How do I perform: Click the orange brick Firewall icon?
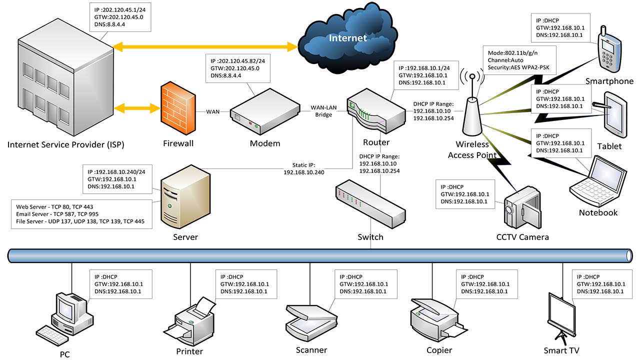click(175, 109)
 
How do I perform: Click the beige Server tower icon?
click(184, 197)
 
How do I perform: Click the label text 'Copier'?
click(439, 350)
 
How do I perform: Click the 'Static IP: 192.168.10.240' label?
click(304, 168)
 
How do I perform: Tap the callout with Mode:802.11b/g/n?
click(519, 59)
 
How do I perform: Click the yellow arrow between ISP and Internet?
click(205, 46)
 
